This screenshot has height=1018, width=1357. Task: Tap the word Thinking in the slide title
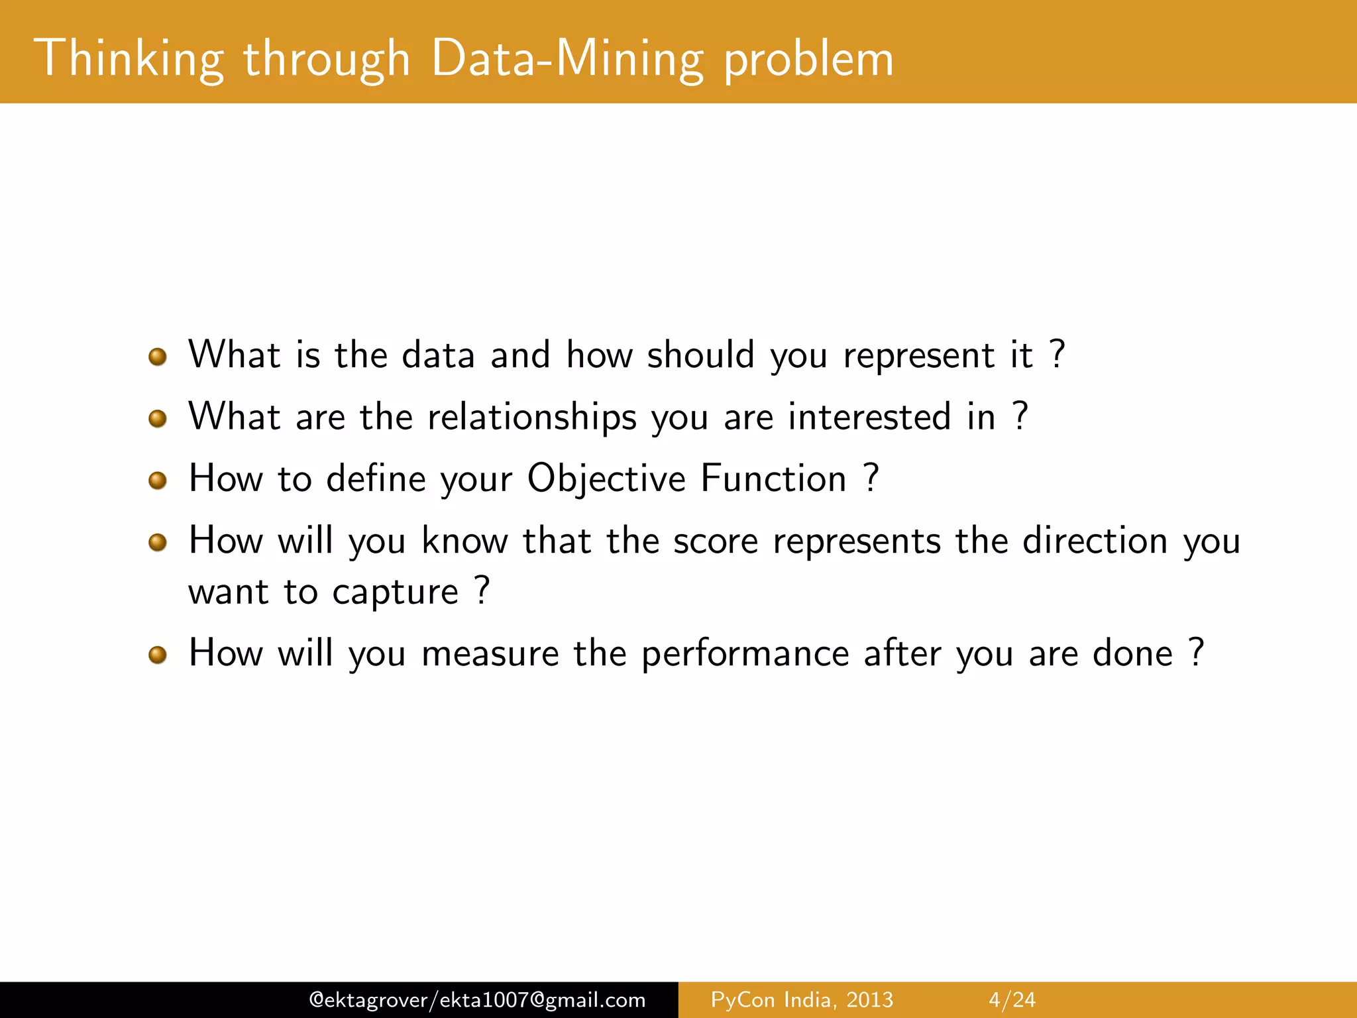click(129, 60)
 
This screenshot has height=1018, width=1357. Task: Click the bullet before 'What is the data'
click(158, 357)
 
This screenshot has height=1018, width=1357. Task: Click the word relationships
click(532, 418)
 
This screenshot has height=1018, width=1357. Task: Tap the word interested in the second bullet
click(869, 418)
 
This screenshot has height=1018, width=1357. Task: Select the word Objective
click(606, 480)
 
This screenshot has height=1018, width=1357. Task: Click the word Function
click(773, 479)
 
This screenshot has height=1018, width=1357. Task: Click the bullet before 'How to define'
click(158, 481)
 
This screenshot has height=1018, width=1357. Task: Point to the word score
click(716, 541)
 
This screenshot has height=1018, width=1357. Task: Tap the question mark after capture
click(482, 590)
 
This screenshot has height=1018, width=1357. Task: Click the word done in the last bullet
click(1132, 653)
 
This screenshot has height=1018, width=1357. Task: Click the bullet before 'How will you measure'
click(158, 655)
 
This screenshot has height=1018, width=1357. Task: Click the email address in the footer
click(477, 999)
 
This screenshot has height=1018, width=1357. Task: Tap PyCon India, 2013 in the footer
click(802, 999)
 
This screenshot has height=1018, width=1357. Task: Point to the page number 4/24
click(1012, 999)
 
